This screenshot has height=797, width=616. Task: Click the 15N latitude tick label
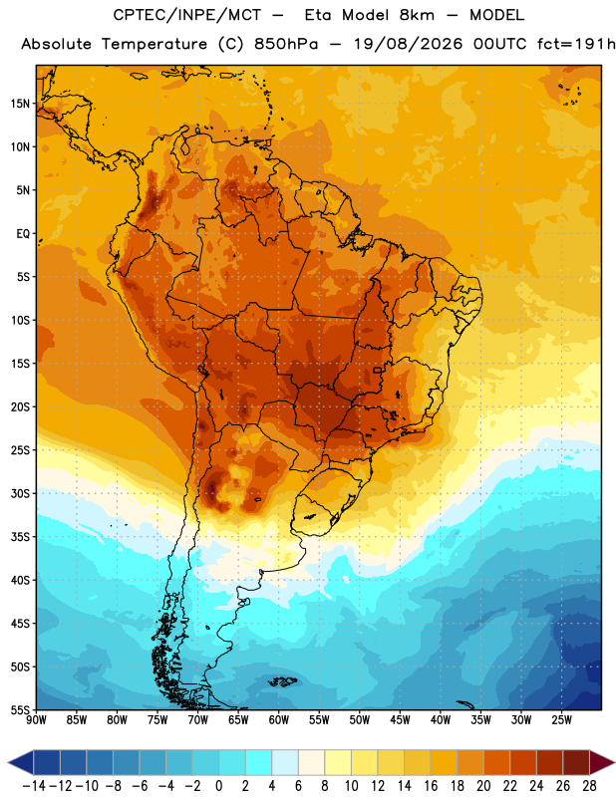[19, 104]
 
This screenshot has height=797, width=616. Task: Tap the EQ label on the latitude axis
[23, 234]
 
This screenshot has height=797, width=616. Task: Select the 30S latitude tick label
[20, 493]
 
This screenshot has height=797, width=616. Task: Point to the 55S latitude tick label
[20, 709]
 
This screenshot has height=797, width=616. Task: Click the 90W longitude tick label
[36, 720]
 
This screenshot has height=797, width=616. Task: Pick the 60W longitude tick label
[279, 720]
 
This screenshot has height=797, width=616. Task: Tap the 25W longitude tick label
[561, 720]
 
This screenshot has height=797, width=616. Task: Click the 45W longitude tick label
[400, 720]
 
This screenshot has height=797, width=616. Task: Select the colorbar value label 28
[589, 786]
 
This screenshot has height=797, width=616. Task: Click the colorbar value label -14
[34, 786]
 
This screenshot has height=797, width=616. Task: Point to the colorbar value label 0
[218, 786]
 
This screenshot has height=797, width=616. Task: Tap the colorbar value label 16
[431, 786]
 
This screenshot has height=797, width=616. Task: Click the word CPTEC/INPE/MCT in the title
[187, 15]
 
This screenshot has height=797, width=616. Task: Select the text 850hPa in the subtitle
[286, 44]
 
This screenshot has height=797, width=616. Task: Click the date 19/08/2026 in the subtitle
[408, 44]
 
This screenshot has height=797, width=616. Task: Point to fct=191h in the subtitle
[576, 44]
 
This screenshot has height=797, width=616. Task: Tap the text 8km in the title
[417, 15]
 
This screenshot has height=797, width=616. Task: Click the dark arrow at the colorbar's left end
[21, 762]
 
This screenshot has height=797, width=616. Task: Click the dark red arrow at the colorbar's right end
[602, 762]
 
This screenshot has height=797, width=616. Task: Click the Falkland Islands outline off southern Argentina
[282, 681]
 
